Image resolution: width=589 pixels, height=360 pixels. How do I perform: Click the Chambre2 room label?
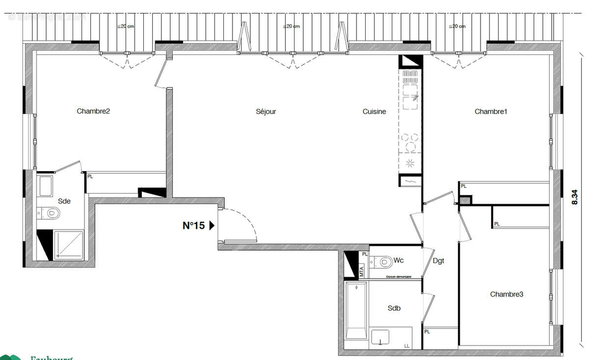(x=93, y=111)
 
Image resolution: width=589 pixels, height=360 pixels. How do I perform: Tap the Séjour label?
(x=266, y=112)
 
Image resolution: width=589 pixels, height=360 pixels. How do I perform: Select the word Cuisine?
(x=374, y=112)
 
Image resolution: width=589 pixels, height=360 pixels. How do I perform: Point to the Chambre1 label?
(x=491, y=112)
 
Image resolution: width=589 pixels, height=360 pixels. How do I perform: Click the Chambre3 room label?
(x=507, y=294)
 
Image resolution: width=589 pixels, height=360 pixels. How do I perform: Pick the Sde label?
(x=64, y=201)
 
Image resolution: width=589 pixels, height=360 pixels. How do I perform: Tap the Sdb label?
(x=394, y=308)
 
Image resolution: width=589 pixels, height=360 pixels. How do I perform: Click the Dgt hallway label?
(x=438, y=261)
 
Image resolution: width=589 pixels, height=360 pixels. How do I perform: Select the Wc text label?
(x=399, y=260)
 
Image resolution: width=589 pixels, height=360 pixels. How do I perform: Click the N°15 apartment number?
(x=194, y=226)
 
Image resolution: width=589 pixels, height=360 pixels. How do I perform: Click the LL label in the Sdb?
(x=406, y=346)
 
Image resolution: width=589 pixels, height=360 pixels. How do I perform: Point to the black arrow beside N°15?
(x=212, y=226)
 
